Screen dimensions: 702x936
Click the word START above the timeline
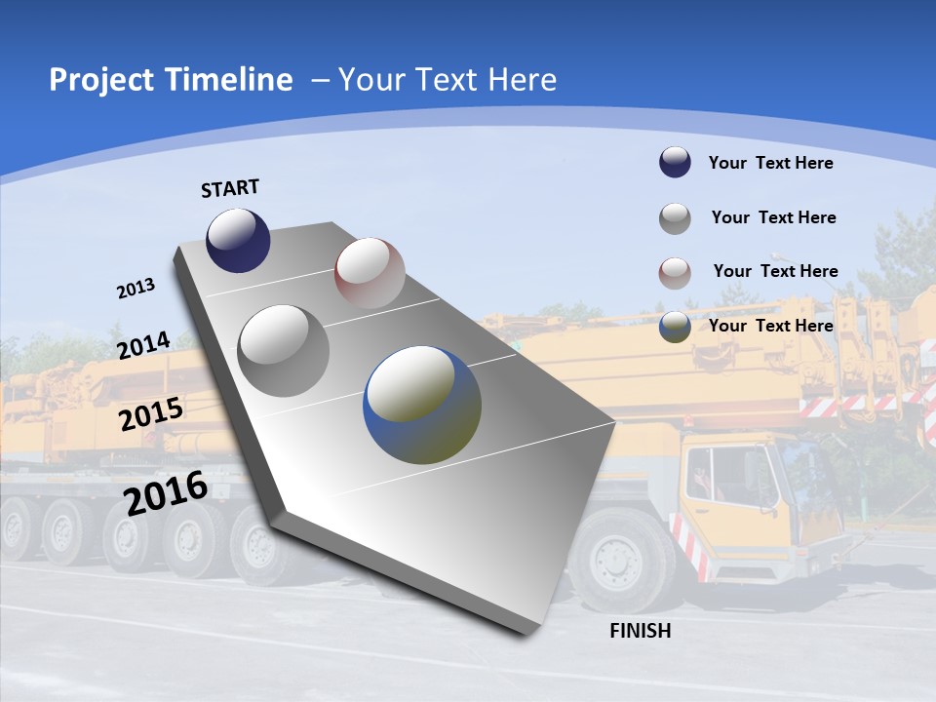click(230, 188)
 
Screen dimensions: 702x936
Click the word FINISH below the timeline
click(641, 631)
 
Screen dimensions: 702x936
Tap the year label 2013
click(136, 289)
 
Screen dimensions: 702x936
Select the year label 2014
click(143, 346)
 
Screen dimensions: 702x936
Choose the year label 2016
click(167, 493)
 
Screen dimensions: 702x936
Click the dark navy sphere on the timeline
click(238, 240)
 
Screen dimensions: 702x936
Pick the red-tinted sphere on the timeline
click(370, 273)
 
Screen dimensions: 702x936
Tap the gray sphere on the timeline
click(284, 350)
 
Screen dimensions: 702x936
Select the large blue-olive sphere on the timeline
click(422, 405)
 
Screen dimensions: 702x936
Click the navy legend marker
click(675, 162)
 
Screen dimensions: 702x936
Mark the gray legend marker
click(675, 218)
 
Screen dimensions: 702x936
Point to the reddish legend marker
click(675, 273)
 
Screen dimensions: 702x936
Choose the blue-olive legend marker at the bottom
click(675, 327)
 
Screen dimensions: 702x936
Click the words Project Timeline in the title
click(171, 80)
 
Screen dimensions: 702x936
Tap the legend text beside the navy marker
click(770, 163)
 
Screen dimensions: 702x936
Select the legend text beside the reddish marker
click(775, 271)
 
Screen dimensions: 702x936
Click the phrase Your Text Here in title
click(448, 80)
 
